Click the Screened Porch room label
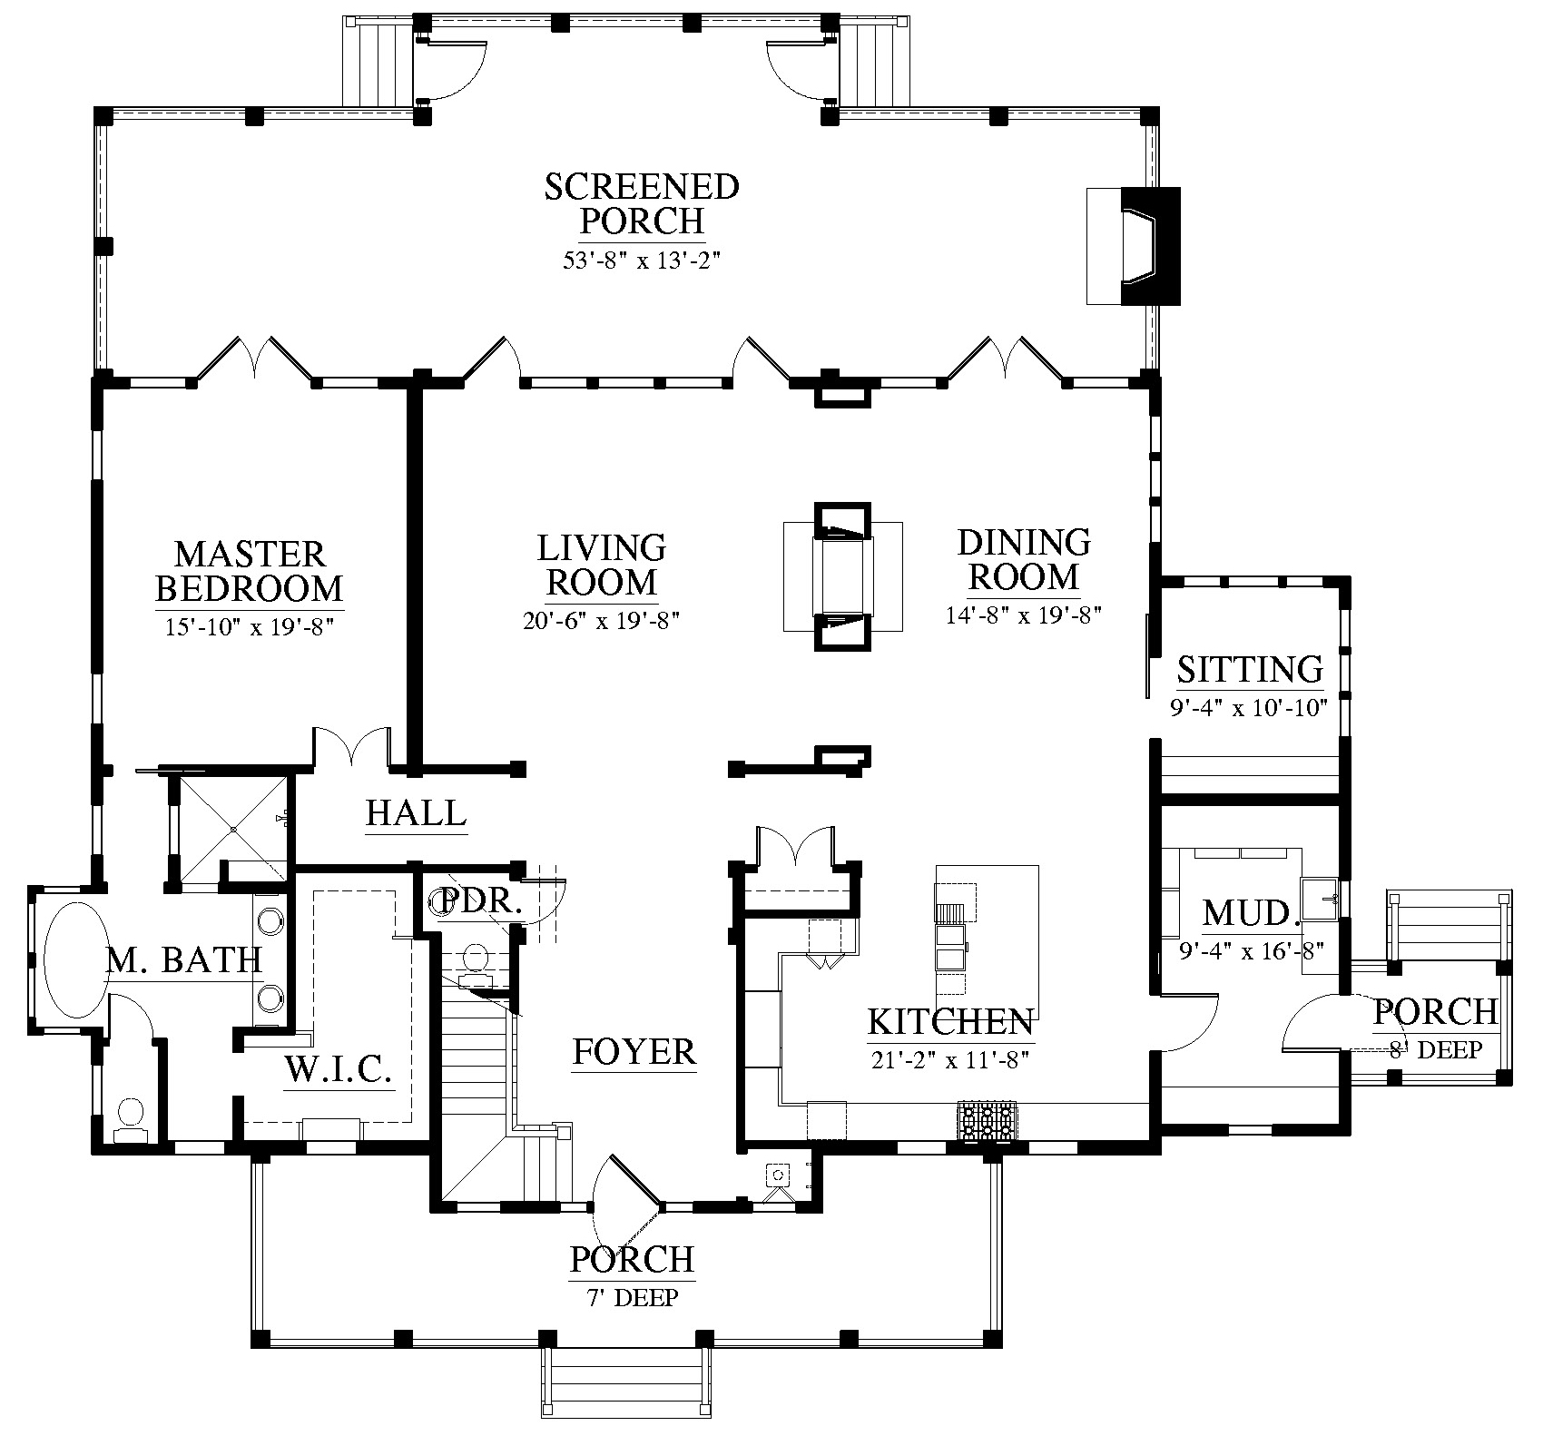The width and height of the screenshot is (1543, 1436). pos(642,203)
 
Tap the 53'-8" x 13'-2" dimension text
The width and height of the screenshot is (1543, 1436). pos(642,261)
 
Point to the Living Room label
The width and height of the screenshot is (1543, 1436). pos(602,565)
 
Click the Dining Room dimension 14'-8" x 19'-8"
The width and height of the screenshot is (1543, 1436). pos(1024,615)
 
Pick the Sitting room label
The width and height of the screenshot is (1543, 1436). pos(1250,669)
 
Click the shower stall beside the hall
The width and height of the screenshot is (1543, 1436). pos(234,828)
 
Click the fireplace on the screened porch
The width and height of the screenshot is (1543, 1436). pos(1135,245)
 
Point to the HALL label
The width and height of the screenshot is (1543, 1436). pos(417,812)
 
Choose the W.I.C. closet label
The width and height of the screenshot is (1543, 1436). pos(338,1070)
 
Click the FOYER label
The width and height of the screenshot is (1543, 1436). pos(634,1052)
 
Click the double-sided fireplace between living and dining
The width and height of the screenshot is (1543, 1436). pos(843,576)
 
